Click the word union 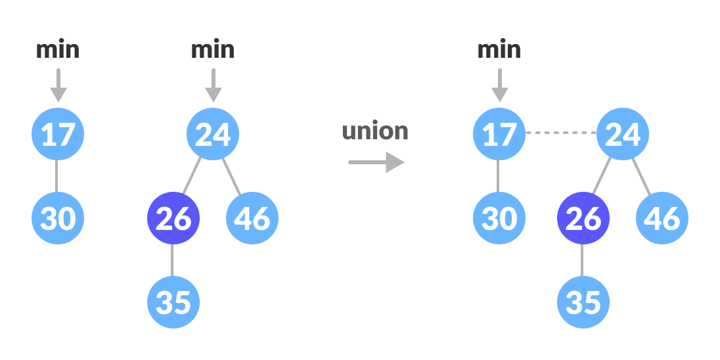375,131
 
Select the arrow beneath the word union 376,162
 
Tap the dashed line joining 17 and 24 561,133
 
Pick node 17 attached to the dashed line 499,134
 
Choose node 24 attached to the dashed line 623,134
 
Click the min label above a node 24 213,50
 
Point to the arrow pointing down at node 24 213,85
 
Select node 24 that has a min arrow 213,134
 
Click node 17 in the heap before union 58,134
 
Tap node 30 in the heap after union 499,218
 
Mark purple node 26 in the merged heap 583,218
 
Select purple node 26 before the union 173,218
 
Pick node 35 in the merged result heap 583,302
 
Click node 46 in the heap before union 252,218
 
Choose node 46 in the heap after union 662,218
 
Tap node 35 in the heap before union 173,302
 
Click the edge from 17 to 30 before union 57,176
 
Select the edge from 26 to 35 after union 583,260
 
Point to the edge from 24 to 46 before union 231,175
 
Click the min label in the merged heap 499,50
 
